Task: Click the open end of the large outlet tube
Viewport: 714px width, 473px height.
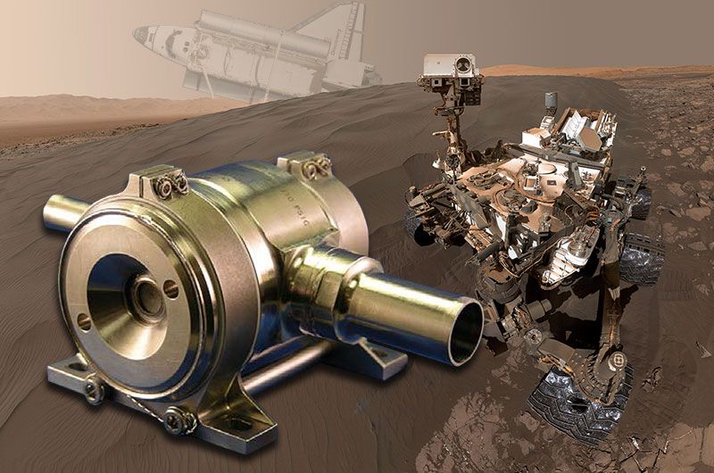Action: coord(464,331)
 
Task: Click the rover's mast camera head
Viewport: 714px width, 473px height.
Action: coord(451,67)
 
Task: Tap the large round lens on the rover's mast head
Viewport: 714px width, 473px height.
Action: coord(463,64)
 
